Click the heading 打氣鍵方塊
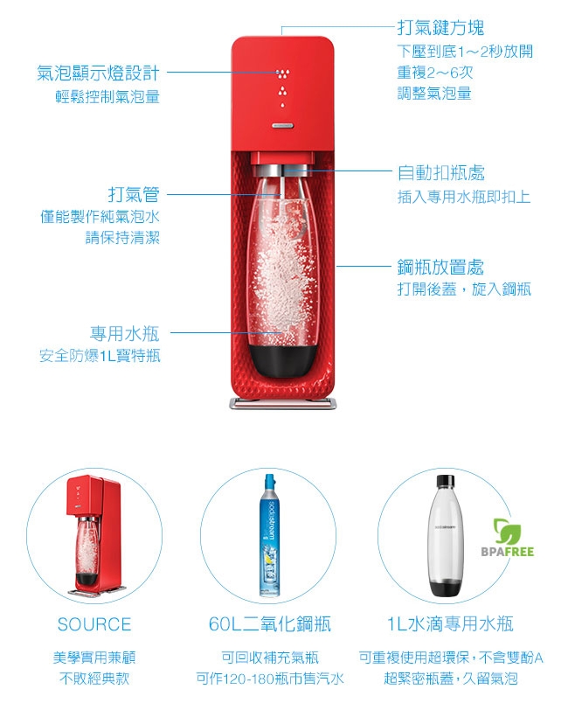(x=440, y=27)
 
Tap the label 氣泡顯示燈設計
(x=98, y=73)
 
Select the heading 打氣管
(x=134, y=194)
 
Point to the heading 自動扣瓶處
(x=440, y=172)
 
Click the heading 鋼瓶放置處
(x=440, y=268)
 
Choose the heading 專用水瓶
(x=125, y=333)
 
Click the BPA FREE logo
(x=508, y=538)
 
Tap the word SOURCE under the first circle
(x=94, y=624)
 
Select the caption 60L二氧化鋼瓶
(x=270, y=623)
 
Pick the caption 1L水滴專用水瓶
(x=450, y=623)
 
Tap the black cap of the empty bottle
(x=446, y=481)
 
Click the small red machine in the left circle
(x=94, y=536)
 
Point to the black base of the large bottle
(x=283, y=359)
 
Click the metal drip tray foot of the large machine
(x=283, y=402)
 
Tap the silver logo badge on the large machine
(x=283, y=126)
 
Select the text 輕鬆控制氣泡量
(x=107, y=97)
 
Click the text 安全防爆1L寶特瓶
(x=100, y=356)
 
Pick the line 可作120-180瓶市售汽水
(x=270, y=679)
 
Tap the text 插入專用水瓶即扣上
(x=464, y=197)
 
